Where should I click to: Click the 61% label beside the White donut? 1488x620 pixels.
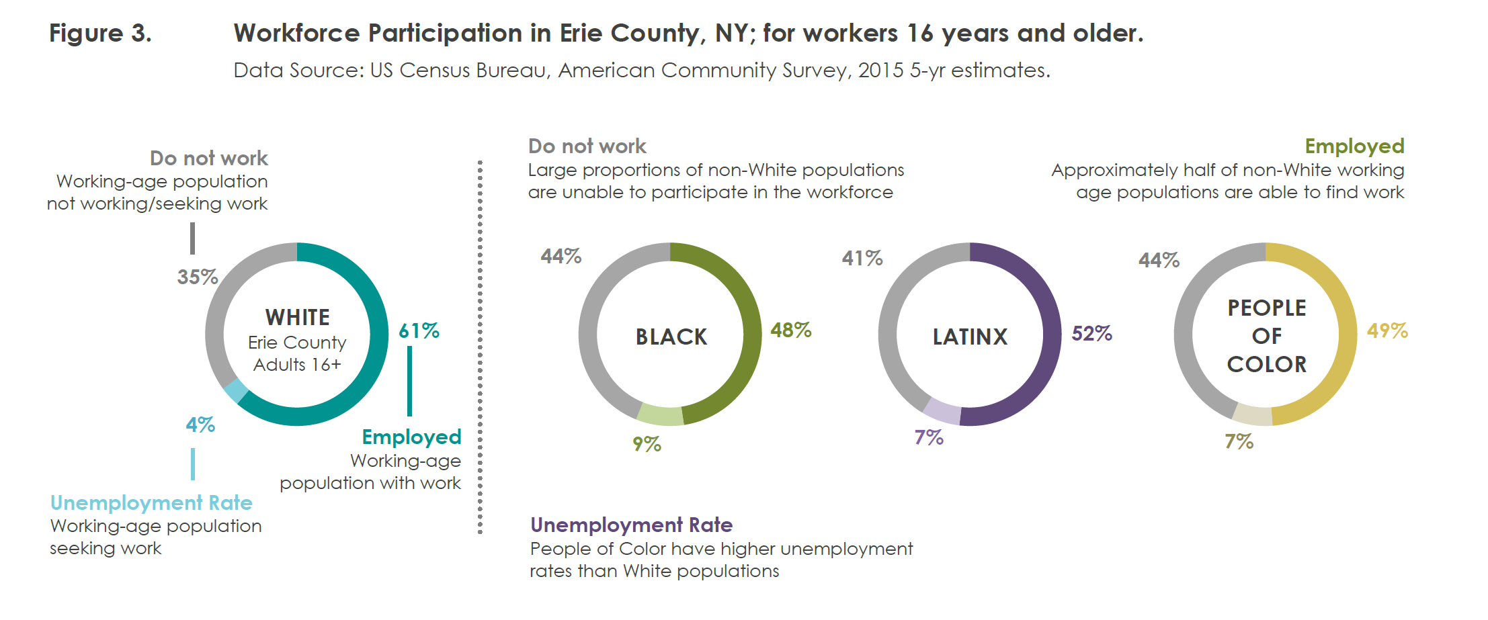(x=419, y=330)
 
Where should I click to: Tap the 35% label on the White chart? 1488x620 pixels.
(x=197, y=277)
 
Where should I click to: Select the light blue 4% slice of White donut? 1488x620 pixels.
(x=236, y=390)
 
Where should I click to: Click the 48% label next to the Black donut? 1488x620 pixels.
(x=790, y=330)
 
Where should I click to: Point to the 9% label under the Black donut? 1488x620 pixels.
(x=647, y=444)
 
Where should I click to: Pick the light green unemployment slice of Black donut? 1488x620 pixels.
(x=660, y=416)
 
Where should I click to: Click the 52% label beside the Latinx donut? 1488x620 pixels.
(x=1091, y=333)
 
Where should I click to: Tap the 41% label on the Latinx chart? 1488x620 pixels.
(x=862, y=258)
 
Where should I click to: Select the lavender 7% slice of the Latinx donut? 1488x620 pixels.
(x=942, y=411)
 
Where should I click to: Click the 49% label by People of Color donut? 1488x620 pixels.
(x=1387, y=330)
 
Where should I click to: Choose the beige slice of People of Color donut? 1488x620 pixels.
(x=1253, y=415)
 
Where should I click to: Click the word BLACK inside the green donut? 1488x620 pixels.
(x=671, y=337)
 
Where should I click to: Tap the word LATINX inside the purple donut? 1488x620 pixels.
(x=970, y=337)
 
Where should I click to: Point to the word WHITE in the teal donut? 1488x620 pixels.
(x=297, y=317)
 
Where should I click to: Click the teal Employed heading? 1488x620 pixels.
(x=411, y=437)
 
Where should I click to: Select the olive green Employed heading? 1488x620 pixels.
(x=1354, y=146)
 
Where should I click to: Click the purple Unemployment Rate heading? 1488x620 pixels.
(x=631, y=525)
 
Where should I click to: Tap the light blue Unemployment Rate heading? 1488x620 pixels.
(x=151, y=502)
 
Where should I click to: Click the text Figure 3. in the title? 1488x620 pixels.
(x=100, y=34)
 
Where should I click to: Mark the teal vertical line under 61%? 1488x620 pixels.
(x=409, y=381)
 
